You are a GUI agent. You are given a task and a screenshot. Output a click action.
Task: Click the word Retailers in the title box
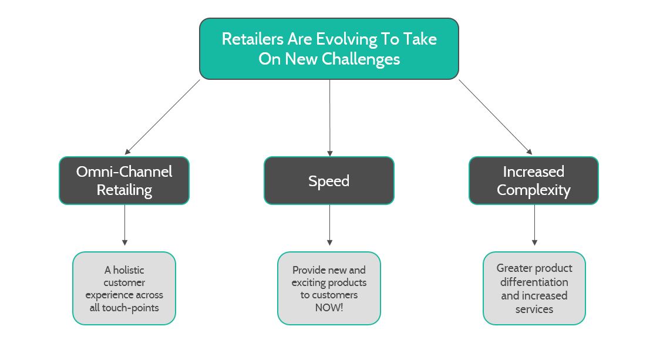tap(252, 39)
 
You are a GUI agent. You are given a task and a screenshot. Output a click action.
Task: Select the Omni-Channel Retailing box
tap(124, 181)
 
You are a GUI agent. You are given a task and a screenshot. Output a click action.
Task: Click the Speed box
tap(329, 181)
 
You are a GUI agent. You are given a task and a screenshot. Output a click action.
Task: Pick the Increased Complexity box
tap(534, 181)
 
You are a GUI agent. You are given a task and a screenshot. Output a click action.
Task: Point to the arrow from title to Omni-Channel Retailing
tap(163, 117)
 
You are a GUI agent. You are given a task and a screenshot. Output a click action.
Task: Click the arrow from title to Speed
tap(329, 118)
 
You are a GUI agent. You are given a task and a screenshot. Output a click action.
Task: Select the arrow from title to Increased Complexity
tap(496, 117)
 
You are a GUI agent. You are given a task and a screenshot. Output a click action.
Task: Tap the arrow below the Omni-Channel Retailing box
tap(124, 225)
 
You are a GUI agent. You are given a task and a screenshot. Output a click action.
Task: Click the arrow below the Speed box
tap(329, 225)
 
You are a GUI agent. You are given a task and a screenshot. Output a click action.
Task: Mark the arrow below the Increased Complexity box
tap(534, 225)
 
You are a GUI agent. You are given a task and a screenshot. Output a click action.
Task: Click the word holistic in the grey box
tap(129, 270)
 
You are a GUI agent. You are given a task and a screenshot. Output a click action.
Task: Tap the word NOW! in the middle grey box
tap(329, 307)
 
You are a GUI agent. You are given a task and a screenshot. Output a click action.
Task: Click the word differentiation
tap(534, 282)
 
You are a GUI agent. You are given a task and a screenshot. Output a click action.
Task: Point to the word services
tap(534, 309)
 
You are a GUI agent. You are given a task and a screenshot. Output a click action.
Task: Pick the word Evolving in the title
tap(346, 39)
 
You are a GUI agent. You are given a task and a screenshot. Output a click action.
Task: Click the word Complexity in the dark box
tap(534, 190)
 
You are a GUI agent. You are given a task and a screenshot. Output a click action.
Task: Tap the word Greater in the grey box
tap(514, 268)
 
